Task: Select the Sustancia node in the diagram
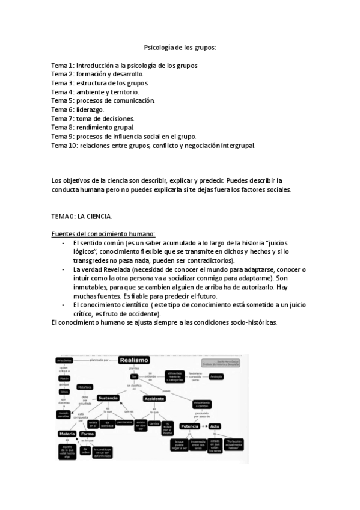click(x=108, y=398)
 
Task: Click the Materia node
click(x=66, y=434)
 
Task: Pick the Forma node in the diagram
click(x=87, y=434)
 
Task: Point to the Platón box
click(x=64, y=378)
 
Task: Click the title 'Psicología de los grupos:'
click(x=180, y=47)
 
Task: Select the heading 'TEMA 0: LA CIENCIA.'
click(x=81, y=216)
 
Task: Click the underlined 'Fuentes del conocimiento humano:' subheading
click(x=103, y=233)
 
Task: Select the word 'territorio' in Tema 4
click(x=123, y=92)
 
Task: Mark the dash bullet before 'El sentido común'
click(x=64, y=243)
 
